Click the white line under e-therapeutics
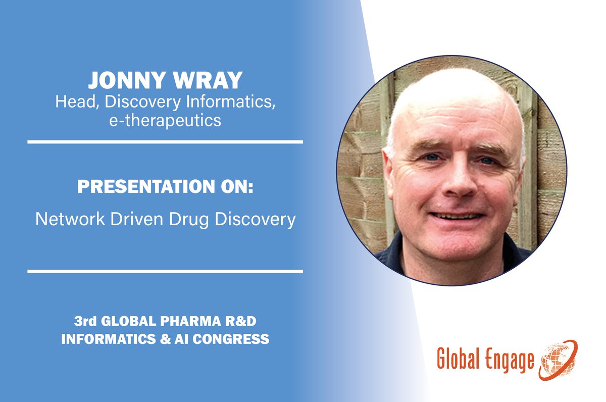click(x=165, y=142)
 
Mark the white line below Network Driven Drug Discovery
click(x=165, y=272)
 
